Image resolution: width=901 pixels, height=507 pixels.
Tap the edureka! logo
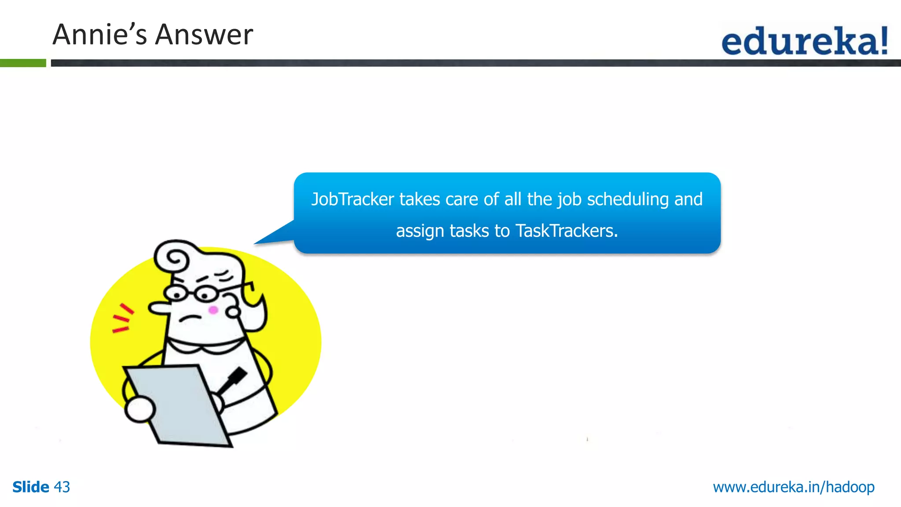(805, 40)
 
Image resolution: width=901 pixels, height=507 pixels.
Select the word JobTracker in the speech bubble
(352, 199)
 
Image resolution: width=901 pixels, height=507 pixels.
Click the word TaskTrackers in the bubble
(566, 231)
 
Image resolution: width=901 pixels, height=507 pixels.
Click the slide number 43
(62, 487)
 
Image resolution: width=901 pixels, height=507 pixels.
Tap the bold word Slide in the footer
(31, 487)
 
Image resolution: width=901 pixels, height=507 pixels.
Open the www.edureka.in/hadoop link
(794, 487)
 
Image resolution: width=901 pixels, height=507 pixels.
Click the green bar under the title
(23, 63)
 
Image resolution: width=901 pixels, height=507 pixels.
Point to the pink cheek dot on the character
(213, 310)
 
